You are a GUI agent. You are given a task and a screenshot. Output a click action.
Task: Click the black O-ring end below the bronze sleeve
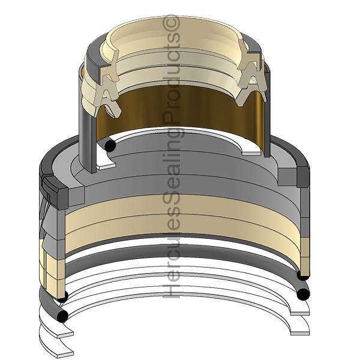click(x=110, y=145)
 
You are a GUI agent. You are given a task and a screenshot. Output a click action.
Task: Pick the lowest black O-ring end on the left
click(x=62, y=316)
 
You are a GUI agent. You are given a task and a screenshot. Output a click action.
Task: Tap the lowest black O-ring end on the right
click(x=303, y=294)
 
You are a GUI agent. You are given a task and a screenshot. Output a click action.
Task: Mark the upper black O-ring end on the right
click(x=303, y=275)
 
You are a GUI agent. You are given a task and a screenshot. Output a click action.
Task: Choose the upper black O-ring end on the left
click(x=62, y=297)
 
